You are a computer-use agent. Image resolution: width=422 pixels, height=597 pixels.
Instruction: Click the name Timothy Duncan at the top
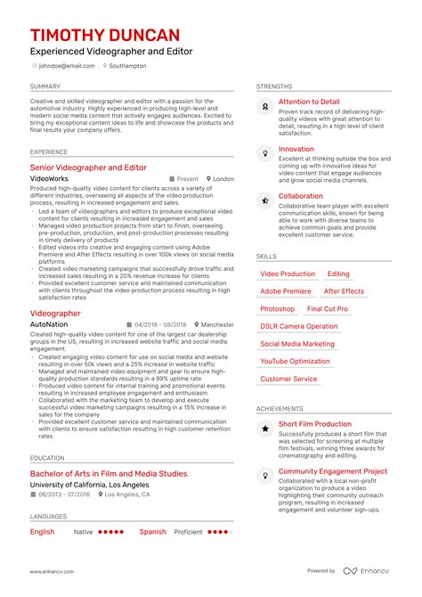[105, 36]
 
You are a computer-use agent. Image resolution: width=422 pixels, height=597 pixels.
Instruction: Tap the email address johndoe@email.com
[65, 66]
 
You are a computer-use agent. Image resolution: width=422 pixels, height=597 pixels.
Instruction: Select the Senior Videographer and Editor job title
[88, 168]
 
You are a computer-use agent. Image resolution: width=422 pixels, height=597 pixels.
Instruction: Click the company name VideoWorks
[49, 179]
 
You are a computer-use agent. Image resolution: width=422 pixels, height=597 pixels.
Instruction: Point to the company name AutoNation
[48, 325]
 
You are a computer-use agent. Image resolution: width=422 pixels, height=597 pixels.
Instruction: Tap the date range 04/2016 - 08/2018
[160, 325]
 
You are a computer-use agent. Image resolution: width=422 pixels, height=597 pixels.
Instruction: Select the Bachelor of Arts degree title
[109, 473]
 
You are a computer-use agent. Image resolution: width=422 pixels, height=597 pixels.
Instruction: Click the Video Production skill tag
[287, 274]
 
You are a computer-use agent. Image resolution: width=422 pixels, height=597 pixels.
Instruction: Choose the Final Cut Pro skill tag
[327, 309]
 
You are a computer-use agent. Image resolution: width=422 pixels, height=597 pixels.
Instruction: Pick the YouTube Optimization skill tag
[295, 362]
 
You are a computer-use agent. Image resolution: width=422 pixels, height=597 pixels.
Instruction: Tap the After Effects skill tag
[344, 291]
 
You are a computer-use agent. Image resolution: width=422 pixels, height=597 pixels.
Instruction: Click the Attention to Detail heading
[309, 102]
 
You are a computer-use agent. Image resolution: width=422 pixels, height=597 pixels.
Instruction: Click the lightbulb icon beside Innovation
[265, 153]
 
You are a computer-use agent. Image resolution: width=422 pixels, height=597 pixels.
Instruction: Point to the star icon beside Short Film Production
[265, 429]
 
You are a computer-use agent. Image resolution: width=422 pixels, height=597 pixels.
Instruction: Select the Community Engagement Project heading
[332, 471]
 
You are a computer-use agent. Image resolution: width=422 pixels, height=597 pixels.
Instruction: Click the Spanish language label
[153, 532]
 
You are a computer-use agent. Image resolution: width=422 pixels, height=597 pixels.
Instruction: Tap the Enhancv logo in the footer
[366, 571]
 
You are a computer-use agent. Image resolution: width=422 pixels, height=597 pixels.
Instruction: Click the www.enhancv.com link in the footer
[51, 571]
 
